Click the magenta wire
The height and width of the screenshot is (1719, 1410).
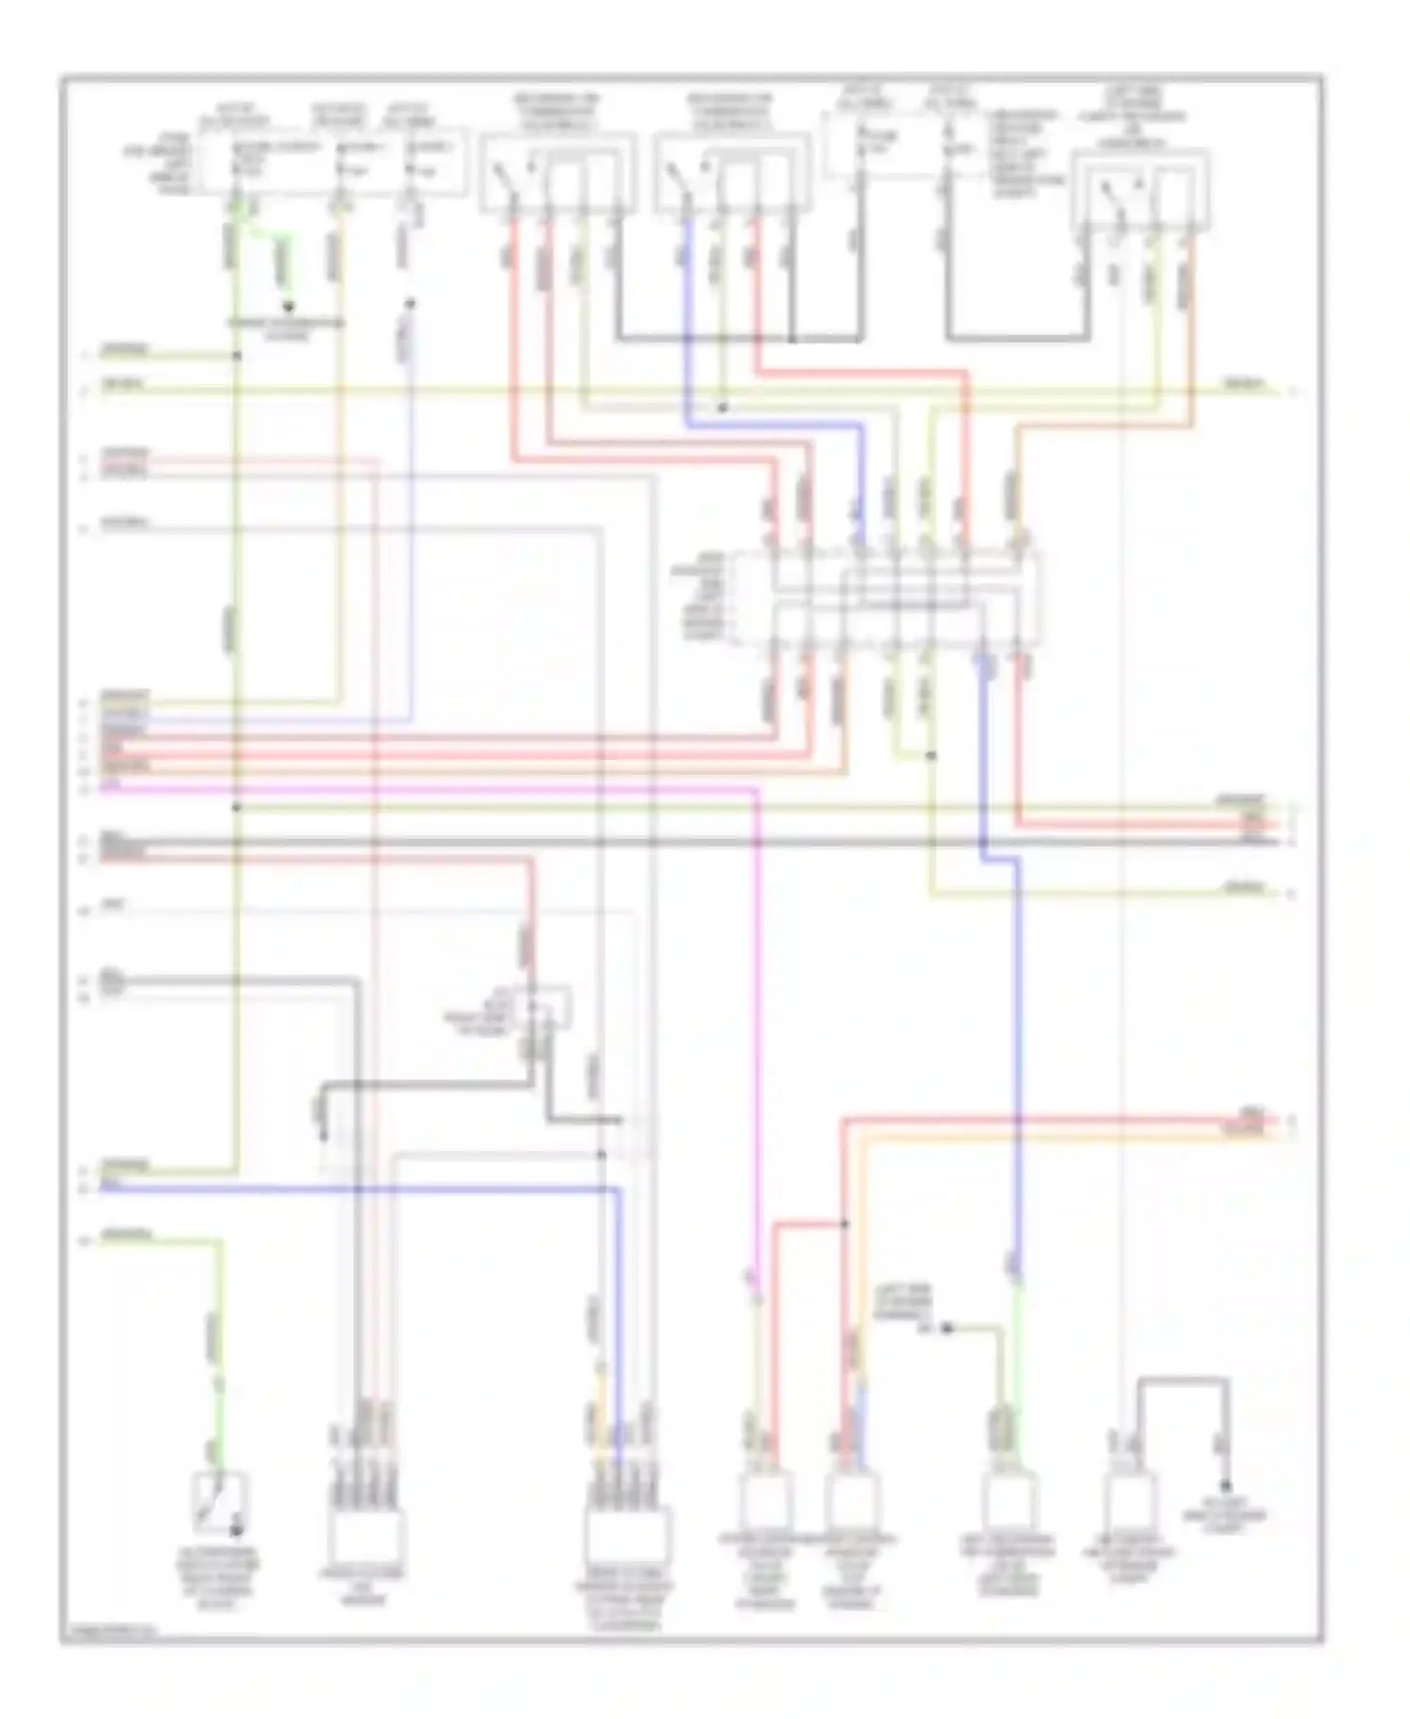pos(757,1034)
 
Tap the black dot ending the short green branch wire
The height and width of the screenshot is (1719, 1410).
pos(289,308)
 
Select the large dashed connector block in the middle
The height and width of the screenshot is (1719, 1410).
pos(905,599)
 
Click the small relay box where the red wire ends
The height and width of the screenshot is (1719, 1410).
pos(542,1009)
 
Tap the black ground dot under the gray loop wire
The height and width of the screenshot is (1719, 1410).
pos(1226,1486)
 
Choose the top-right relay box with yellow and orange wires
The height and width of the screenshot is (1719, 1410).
pos(1140,188)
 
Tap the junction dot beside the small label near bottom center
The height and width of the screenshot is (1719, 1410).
pos(948,1328)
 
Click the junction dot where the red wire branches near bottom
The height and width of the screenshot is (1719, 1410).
pos(844,1223)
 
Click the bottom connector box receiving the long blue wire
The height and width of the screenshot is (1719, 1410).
pos(627,1536)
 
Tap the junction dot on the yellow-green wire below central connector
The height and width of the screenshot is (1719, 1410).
pos(931,755)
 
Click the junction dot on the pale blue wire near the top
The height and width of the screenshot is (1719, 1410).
pos(409,304)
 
